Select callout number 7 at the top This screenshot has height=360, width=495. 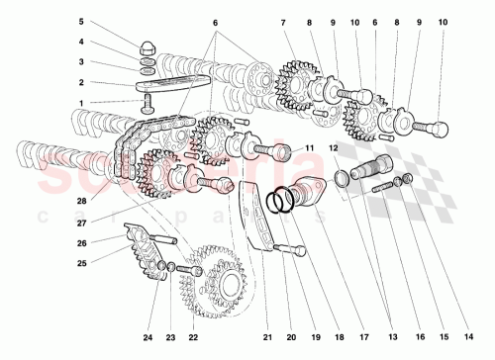pos(282,22)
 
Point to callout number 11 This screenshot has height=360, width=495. pos(310,148)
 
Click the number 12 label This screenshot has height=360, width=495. pos(334,148)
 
